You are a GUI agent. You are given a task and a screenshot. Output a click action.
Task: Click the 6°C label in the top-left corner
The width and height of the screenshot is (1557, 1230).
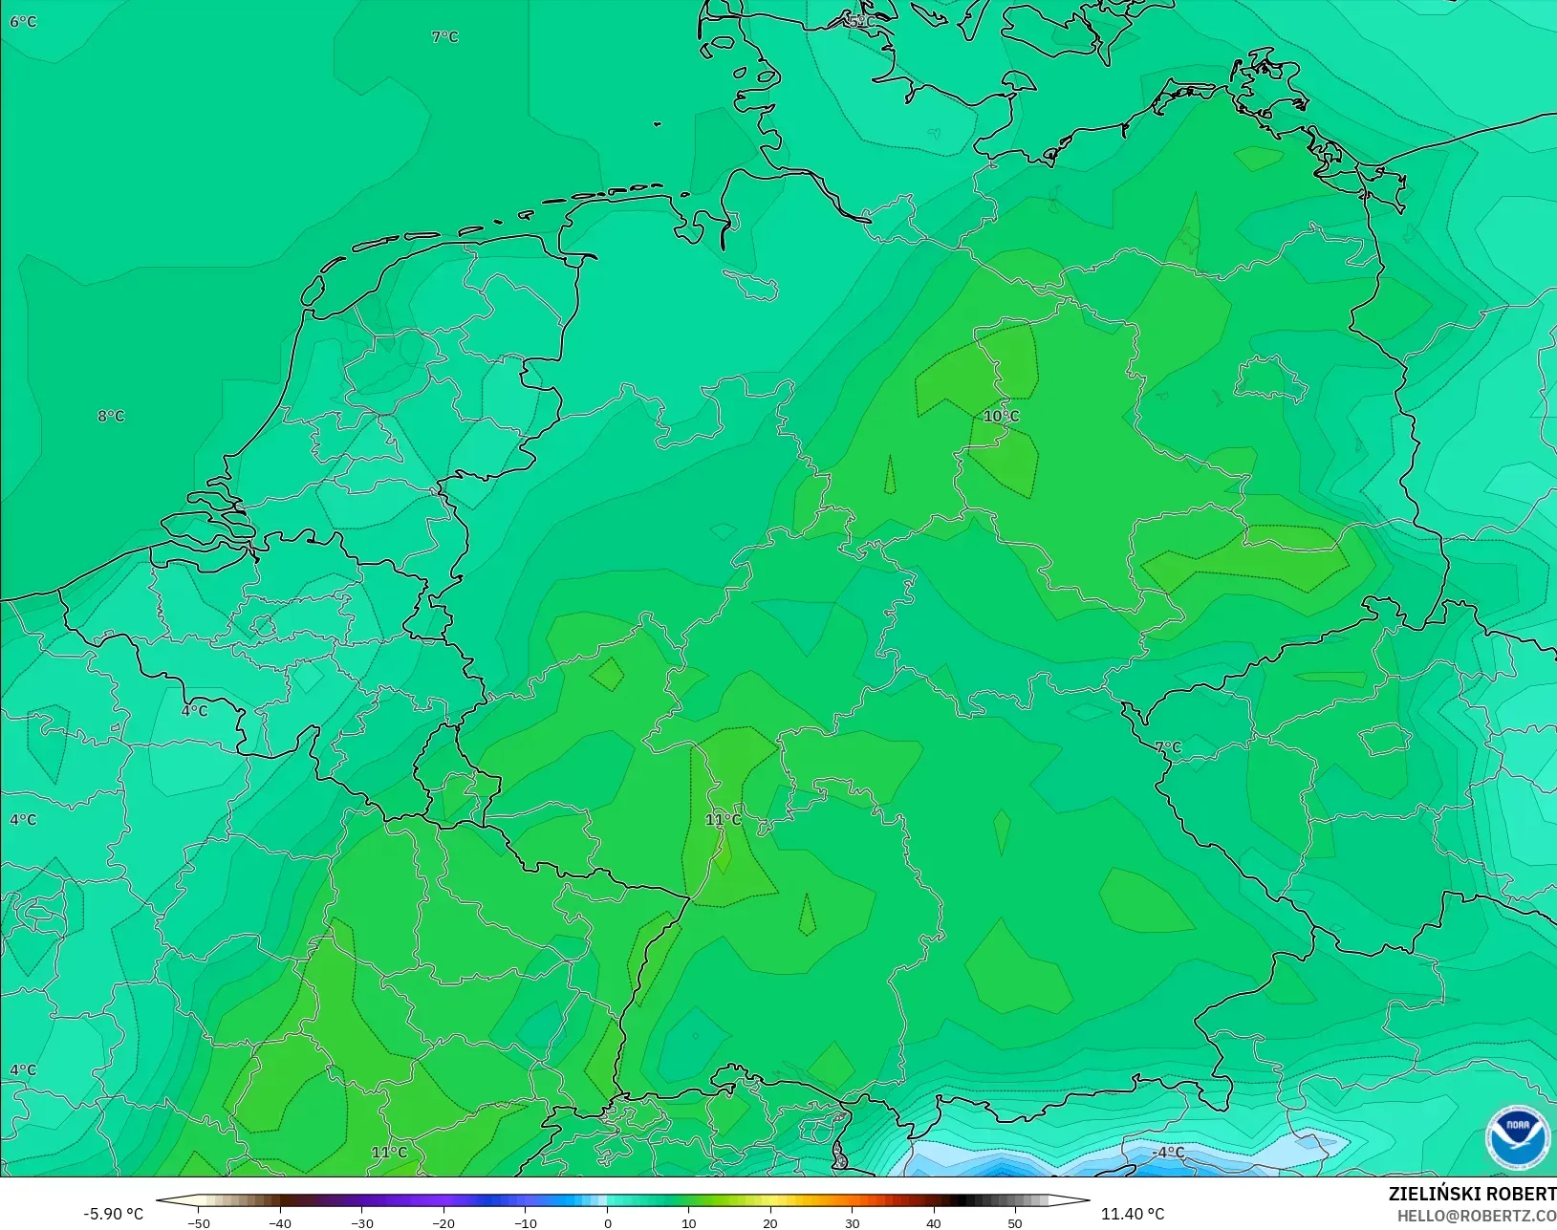pos(23,22)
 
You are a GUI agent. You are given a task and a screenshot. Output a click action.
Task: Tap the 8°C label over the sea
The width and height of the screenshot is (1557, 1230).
pos(111,416)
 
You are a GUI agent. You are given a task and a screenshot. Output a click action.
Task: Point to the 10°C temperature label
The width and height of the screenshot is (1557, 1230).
pos(1001,416)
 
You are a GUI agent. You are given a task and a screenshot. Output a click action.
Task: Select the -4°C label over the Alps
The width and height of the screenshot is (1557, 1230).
pos(1167,1153)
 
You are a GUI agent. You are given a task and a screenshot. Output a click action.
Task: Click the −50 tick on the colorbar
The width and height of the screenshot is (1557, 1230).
pos(199,1222)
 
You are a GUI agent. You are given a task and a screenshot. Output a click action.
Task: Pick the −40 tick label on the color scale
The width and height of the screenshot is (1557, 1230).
pos(280,1222)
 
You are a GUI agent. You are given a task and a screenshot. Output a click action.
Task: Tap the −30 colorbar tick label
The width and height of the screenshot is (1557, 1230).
pos(362,1222)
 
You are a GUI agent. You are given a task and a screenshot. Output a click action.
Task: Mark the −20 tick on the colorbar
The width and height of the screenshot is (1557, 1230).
pos(443,1222)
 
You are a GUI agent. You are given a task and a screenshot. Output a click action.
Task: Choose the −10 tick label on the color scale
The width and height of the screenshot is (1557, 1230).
pos(526,1222)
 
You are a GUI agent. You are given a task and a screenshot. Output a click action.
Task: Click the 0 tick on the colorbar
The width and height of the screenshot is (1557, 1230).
pos(608,1222)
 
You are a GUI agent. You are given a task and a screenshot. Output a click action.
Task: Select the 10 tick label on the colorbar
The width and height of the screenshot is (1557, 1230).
pos(689,1222)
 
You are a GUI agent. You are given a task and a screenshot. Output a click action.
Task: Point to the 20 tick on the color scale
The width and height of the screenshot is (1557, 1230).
pos(770,1222)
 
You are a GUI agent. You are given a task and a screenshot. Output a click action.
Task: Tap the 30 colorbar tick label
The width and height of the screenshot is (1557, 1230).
pos(853,1222)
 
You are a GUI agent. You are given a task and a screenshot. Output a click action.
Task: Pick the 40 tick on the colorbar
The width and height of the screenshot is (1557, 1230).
pos(934,1222)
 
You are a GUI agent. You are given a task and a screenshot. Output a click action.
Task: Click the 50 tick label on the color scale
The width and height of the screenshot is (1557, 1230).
pos(1015,1222)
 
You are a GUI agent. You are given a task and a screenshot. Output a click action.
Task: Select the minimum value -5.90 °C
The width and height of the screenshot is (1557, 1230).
pos(113,1214)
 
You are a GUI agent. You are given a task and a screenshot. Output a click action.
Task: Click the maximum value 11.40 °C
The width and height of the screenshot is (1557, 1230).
pos(1133,1214)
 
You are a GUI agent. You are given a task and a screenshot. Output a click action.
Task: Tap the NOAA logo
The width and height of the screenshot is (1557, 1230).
pos(1517,1137)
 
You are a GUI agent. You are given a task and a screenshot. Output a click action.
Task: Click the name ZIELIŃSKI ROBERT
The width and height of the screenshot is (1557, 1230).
pos(1472,1195)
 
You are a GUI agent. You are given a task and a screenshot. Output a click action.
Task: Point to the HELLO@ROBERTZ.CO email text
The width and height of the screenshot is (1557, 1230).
pos(1477,1216)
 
